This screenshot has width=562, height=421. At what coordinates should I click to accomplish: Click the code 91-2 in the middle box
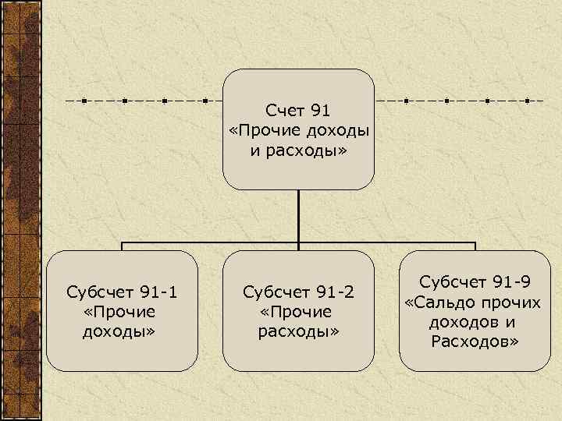click(334, 292)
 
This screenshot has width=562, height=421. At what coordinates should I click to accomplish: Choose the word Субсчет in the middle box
click(277, 292)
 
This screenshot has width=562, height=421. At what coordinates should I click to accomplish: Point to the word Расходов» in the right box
click(474, 341)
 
